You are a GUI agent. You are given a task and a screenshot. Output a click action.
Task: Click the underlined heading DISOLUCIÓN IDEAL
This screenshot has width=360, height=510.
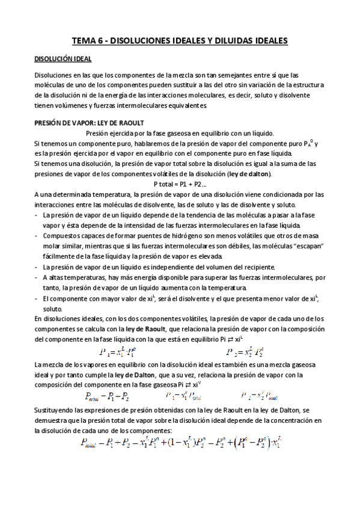coord(63,60)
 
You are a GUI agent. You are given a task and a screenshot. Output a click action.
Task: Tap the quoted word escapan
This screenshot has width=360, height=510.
coord(307,244)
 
